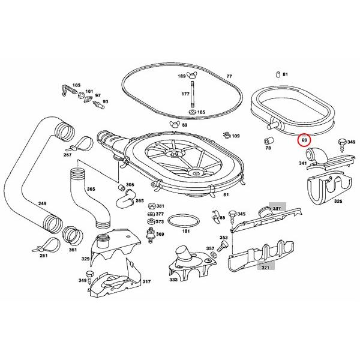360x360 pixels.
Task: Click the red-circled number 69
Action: tap(304, 140)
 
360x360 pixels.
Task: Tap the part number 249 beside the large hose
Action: tap(42, 204)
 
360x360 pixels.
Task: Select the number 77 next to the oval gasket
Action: tap(229, 76)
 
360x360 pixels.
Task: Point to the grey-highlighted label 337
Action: tap(277, 208)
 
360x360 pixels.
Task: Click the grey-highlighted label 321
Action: tap(265, 267)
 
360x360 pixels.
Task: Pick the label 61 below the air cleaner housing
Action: tap(226, 195)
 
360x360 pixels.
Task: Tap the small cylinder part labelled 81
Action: tap(278, 74)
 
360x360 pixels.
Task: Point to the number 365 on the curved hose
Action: tap(91, 190)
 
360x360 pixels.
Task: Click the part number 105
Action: tap(76, 85)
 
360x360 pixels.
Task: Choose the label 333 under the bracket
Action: tap(173, 280)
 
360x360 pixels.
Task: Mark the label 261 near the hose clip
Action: tap(43, 256)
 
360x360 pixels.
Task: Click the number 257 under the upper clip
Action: tap(67, 155)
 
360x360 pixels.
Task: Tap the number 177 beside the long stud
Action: tap(186, 94)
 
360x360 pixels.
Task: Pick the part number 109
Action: tap(235, 136)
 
